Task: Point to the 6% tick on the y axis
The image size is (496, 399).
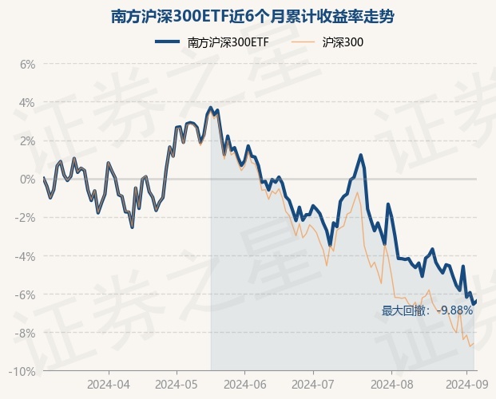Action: pos(27,64)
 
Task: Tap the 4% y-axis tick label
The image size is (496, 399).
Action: pos(27,102)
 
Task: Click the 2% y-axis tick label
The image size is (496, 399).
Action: pos(27,140)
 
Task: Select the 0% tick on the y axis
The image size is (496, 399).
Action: pos(27,179)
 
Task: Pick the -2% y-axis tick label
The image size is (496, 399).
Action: pos(26,218)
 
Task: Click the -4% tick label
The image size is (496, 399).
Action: pos(26,256)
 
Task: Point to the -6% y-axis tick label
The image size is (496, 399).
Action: pos(26,294)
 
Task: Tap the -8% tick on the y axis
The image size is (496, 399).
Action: pos(26,333)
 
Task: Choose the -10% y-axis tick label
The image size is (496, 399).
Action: pos(23,372)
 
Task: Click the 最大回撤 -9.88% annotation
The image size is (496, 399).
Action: pos(427,310)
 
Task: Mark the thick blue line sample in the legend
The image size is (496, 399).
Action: pos(168,43)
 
